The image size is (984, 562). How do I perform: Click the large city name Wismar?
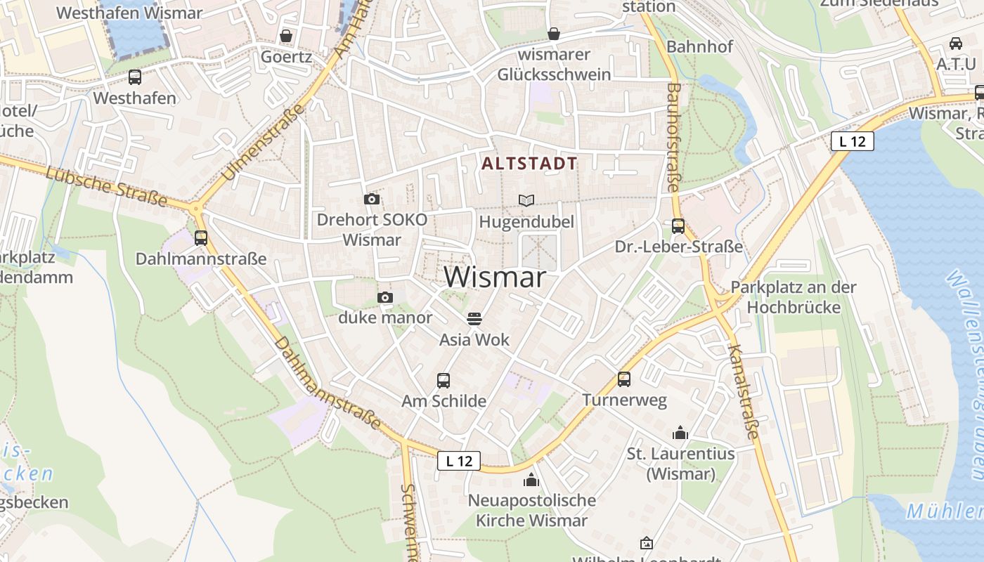pos(495,277)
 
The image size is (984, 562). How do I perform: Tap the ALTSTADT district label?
pos(530,164)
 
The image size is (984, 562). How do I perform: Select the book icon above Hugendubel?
pos(526,200)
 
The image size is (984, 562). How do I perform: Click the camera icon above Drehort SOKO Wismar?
pos(372,200)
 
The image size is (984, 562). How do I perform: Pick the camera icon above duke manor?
pos(385,298)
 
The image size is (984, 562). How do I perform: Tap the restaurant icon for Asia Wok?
pos(474,319)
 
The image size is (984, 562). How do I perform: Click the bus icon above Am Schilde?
pos(444,381)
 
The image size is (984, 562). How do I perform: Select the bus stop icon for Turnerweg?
pos(624,379)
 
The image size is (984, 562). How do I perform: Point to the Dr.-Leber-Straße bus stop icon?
pos(678,226)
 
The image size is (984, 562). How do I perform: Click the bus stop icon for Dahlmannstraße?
pos(201,238)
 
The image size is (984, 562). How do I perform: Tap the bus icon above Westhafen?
pos(135,77)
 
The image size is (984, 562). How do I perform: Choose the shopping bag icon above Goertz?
pos(286,36)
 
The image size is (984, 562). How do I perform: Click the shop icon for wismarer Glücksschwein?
pos(554,34)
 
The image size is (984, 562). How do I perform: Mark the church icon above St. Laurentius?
pos(680,433)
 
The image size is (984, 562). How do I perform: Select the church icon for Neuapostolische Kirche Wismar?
pos(531,480)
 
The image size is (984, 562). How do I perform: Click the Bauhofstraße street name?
pos(673,137)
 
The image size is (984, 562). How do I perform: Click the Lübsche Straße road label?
pos(107,185)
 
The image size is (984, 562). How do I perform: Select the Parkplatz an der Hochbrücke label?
pos(794,297)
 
